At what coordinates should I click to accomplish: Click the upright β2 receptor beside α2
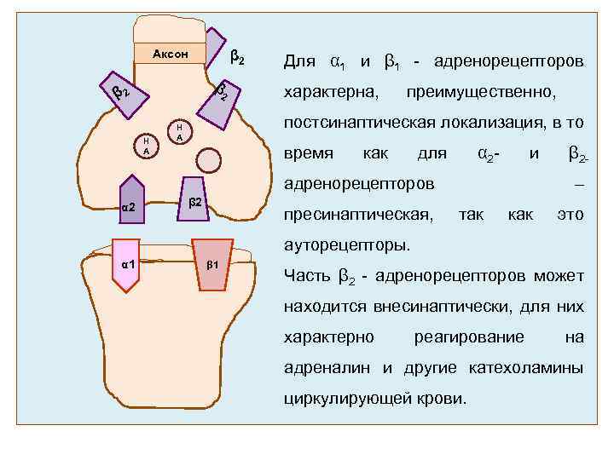pyautogui.click(x=194, y=200)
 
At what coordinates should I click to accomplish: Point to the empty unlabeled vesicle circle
pyautogui.click(x=208, y=158)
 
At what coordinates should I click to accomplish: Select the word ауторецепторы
pyautogui.click(x=346, y=246)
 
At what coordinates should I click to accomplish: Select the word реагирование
pyautogui.click(x=469, y=337)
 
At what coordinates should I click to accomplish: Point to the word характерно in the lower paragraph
pyautogui.click(x=328, y=337)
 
